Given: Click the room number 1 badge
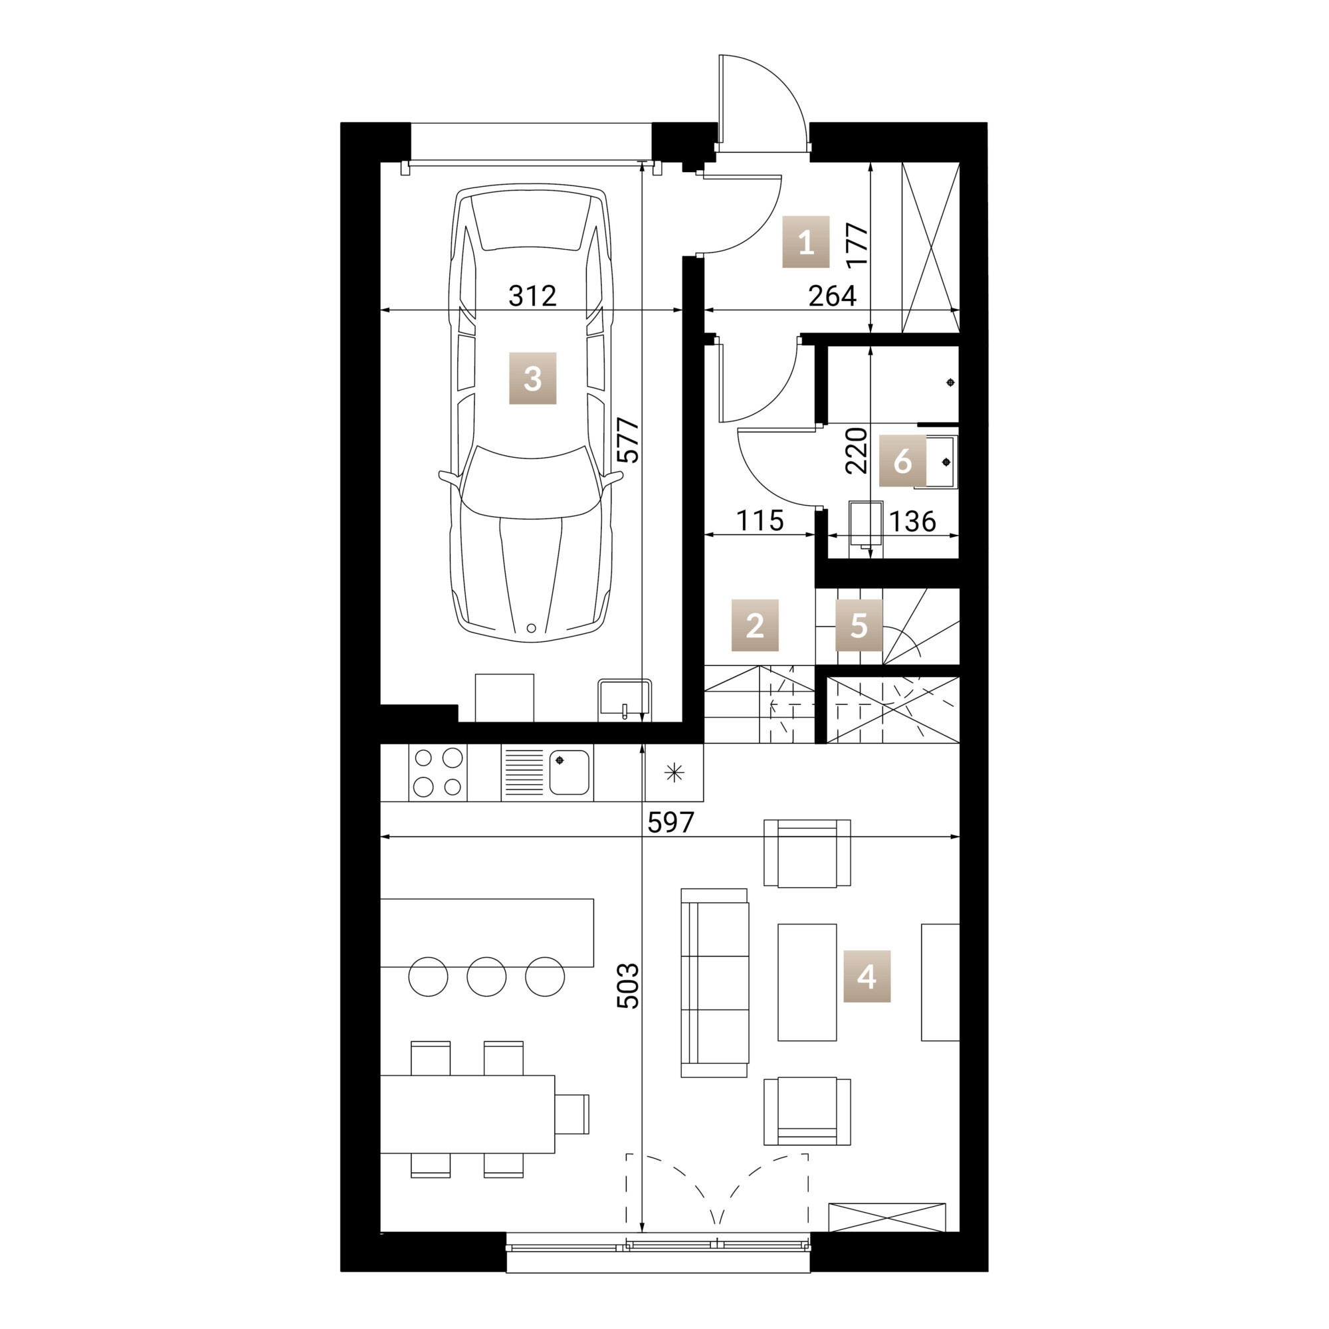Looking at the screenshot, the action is point(805,241).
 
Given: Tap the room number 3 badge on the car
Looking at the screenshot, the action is point(532,377).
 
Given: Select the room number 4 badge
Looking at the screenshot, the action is point(867,976).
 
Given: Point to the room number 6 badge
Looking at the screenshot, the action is point(902,461).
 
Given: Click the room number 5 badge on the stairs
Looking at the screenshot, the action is point(859,625).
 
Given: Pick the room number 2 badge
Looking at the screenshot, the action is point(755,625).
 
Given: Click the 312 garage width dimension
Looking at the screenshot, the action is point(532,296).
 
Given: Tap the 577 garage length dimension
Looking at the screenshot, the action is point(627,441).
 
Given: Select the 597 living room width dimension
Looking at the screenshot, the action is point(670,822).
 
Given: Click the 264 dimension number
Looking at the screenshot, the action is point(833,296).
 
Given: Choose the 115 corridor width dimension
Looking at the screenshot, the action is point(760,521).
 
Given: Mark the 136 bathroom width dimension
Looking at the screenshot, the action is point(912,522).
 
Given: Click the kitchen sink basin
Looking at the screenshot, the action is point(569,773).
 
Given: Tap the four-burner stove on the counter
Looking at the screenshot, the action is point(437,773).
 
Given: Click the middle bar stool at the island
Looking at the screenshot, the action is point(486,976).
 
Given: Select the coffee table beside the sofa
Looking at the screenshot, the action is point(807,981).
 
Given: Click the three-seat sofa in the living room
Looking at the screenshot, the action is point(714,982).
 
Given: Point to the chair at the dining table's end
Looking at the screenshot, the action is point(571,1114).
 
